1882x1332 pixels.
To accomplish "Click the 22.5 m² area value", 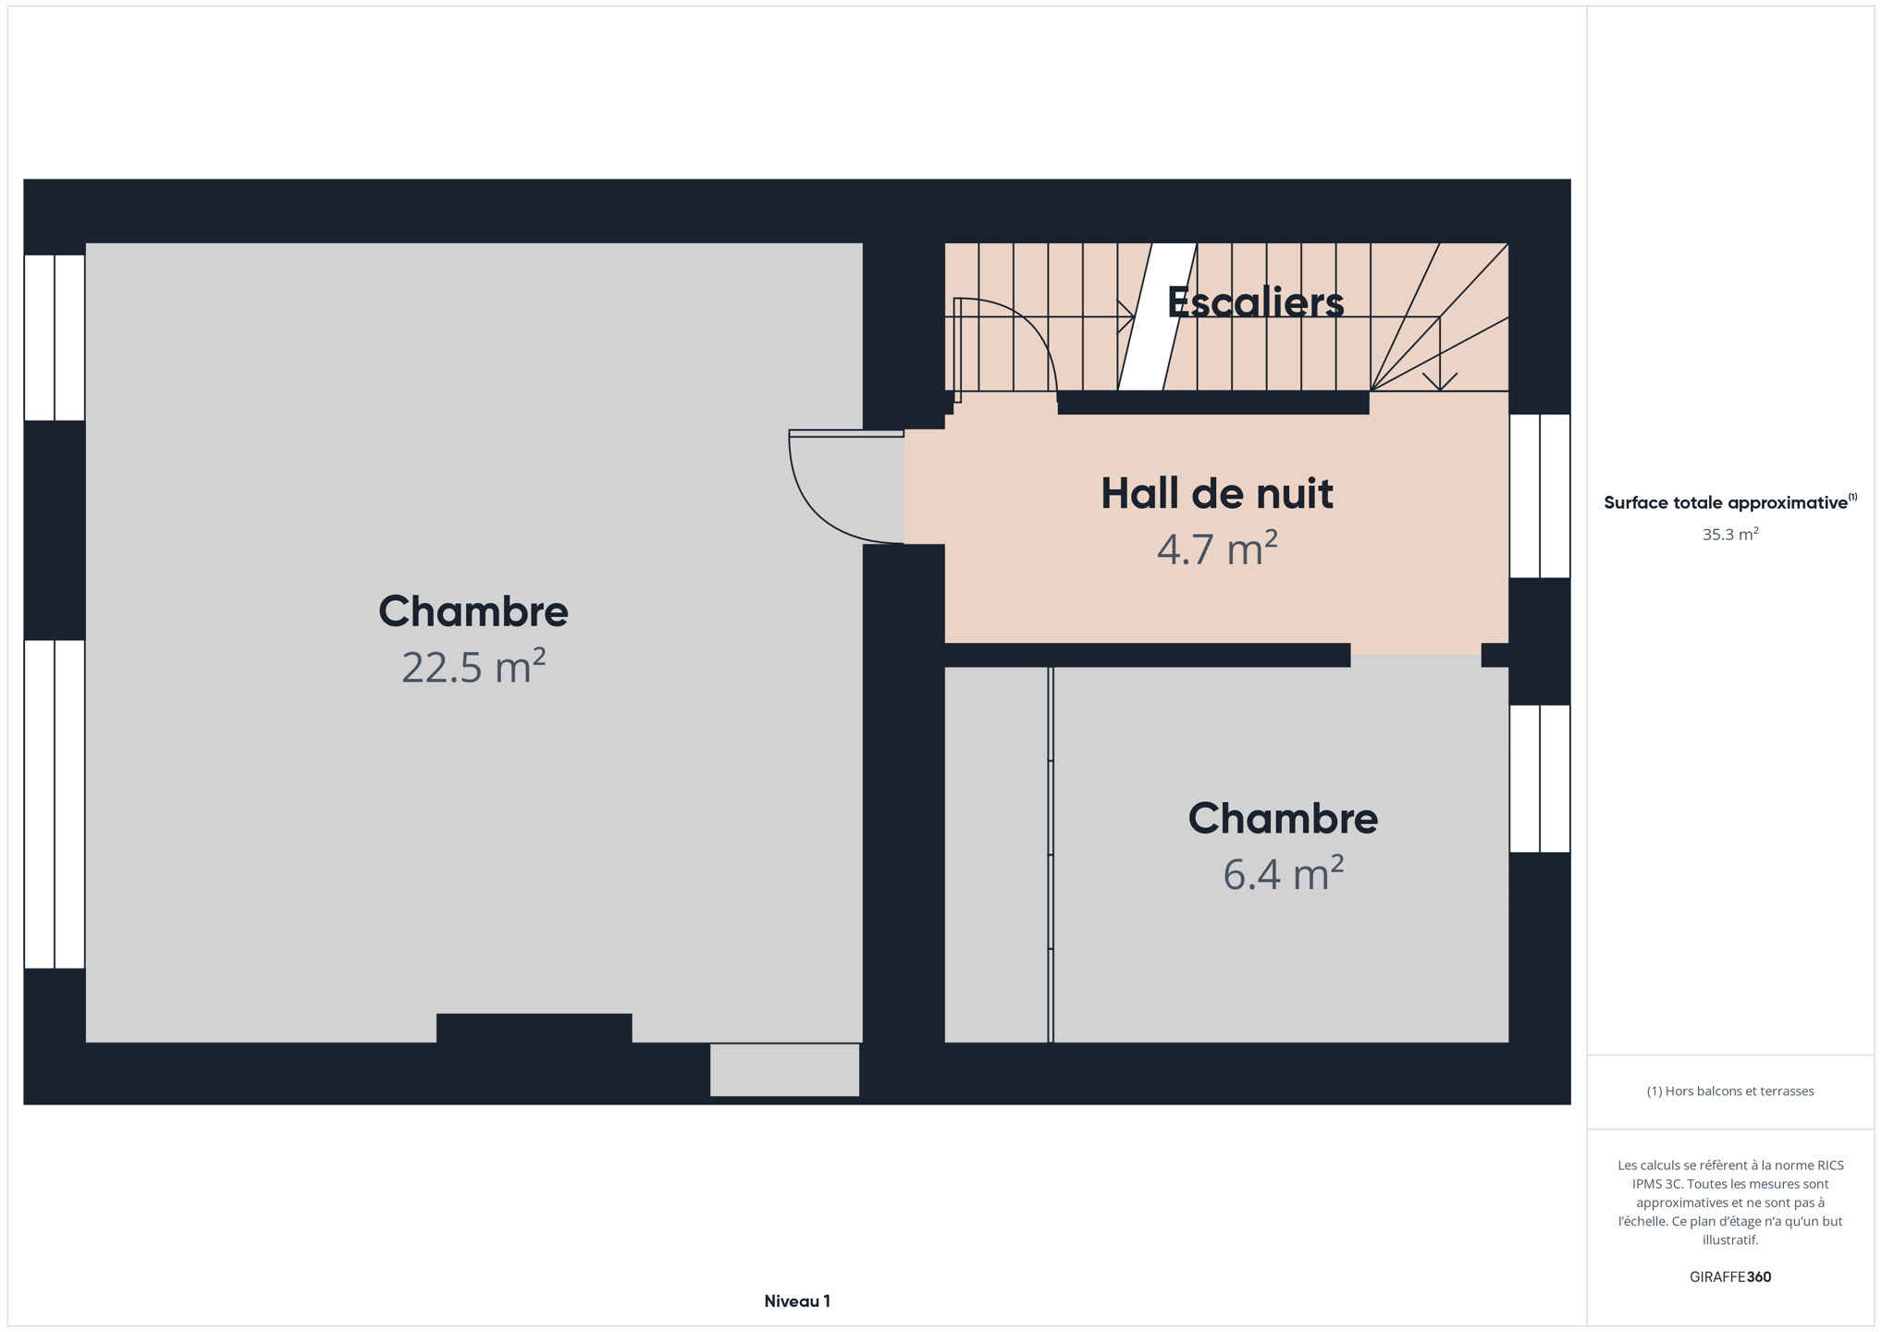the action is click(474, 666).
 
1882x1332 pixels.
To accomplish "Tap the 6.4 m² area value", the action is click(1283, 873).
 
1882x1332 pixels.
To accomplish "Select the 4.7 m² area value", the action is click(1217, 549).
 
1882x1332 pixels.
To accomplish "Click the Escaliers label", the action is click(1255, 302).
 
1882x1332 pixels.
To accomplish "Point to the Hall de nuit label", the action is click(1217, 493).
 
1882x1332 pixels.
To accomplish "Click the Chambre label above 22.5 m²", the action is click(474, 611).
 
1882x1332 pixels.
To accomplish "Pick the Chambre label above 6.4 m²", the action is click(1283, 819).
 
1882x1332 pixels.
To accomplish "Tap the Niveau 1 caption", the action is click(797, 1301).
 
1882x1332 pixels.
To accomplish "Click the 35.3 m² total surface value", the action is click(1730, 534).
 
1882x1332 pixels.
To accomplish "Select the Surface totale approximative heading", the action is click(1730, 502).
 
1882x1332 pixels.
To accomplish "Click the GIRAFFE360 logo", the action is click(1730, 1276).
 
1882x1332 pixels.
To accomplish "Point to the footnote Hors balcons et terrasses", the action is click(1730, 1091).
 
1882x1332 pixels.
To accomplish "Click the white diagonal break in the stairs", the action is click(1158, 316).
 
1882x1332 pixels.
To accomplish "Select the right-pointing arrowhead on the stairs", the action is click(1127, 317).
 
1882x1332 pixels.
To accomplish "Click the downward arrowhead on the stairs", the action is click(1440, 381).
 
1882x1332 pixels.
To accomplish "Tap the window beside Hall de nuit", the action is click(1540, 496).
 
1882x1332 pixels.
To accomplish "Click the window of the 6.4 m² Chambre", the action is click(1540, 779).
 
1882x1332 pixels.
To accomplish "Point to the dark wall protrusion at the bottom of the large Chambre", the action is click(535, 1029).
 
